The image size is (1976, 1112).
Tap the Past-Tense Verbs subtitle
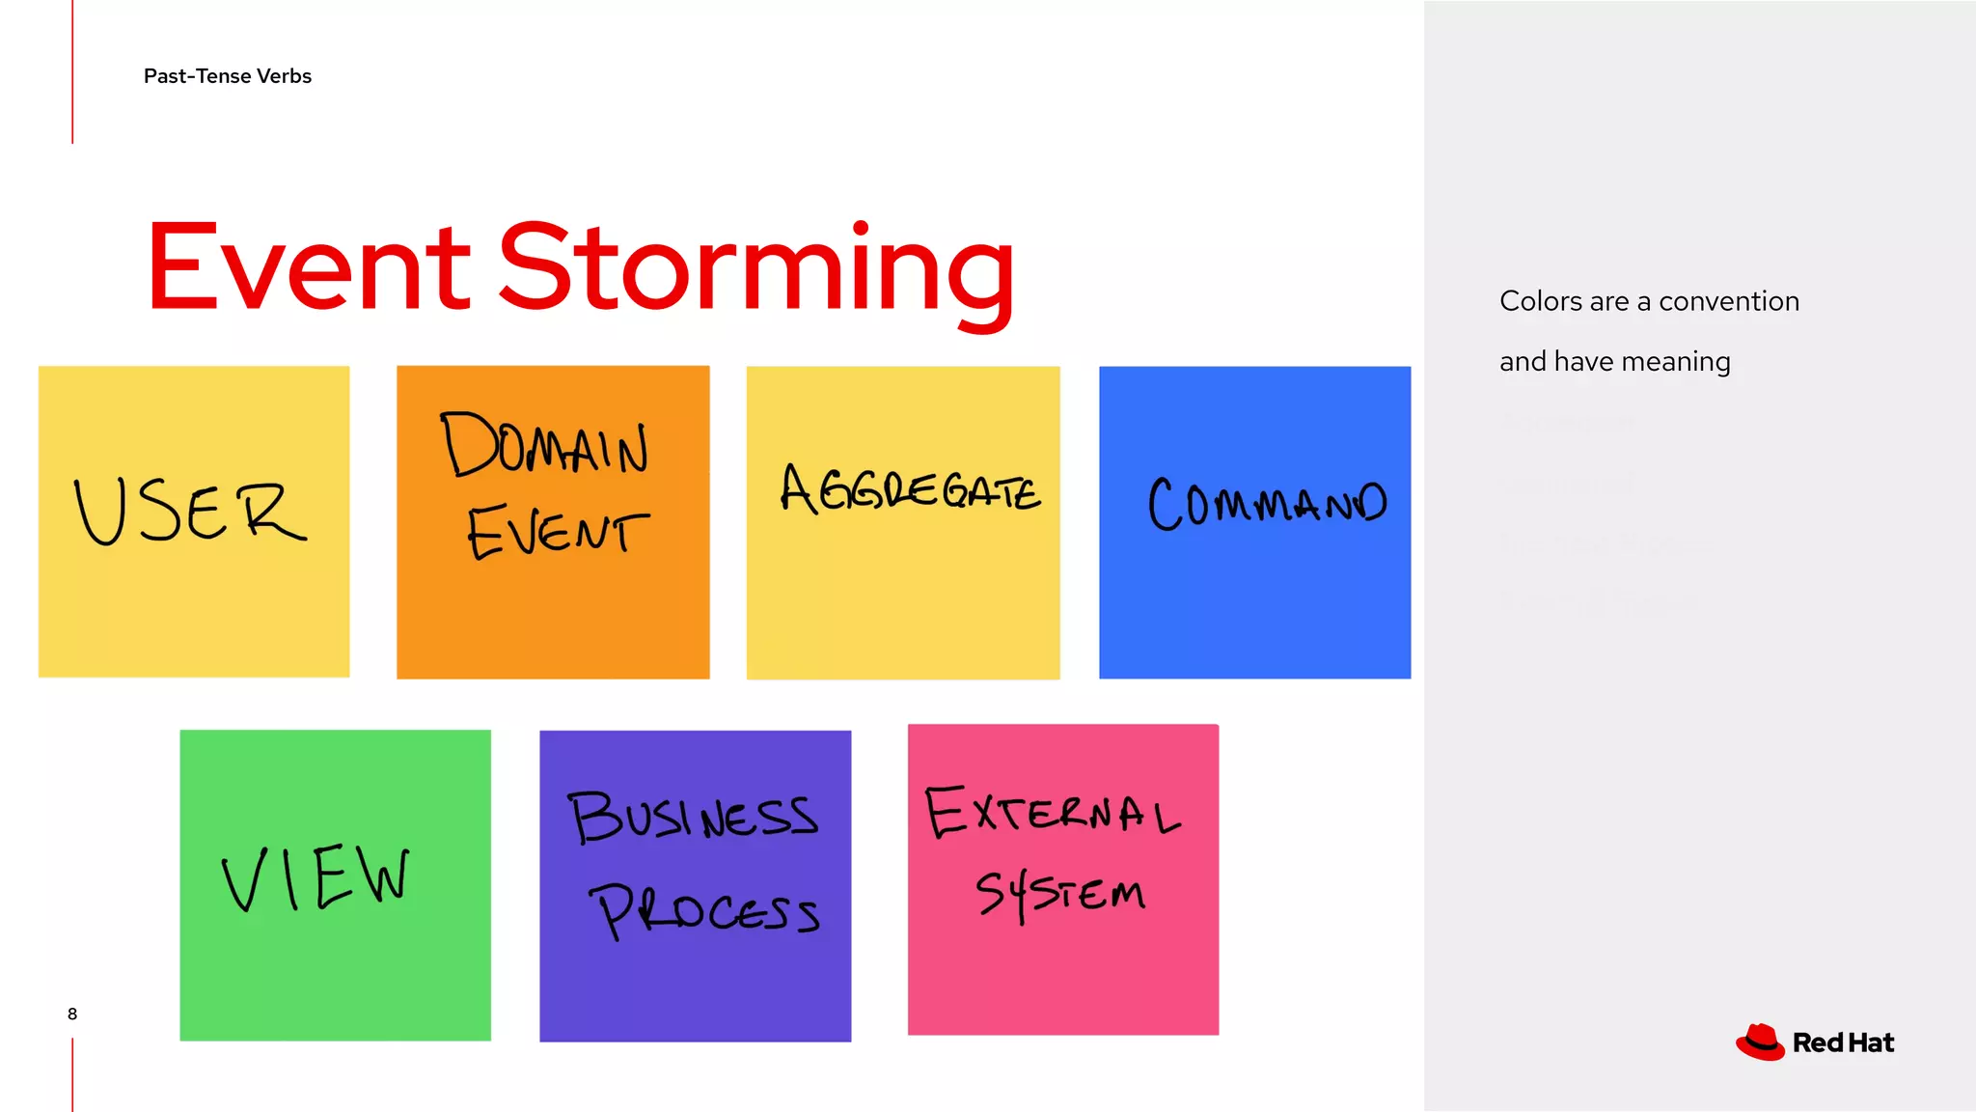(x=228, y=76)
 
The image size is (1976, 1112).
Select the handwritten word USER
(x=190, y=512)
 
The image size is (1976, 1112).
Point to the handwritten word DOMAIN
(x=545, y=445)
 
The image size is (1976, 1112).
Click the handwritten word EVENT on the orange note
(x=558, y=531)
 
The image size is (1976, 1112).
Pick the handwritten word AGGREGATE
(x=910, y=490)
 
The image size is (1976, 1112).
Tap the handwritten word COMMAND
(x=1267, y=503)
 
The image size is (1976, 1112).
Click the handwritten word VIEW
(x=316, y=877)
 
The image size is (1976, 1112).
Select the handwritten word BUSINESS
(x=693, y=817)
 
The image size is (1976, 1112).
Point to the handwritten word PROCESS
(x=707, y=910)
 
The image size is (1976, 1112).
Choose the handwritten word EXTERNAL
(x=1053, y=812)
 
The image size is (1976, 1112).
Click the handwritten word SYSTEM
(x=1060, y=894)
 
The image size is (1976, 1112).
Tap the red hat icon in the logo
(x=1761, y=1042)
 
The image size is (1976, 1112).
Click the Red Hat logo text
(x=1843, y=1043)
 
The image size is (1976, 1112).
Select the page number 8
(x=72, y=1014)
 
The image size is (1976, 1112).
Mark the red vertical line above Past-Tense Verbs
(x=72, y=71)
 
